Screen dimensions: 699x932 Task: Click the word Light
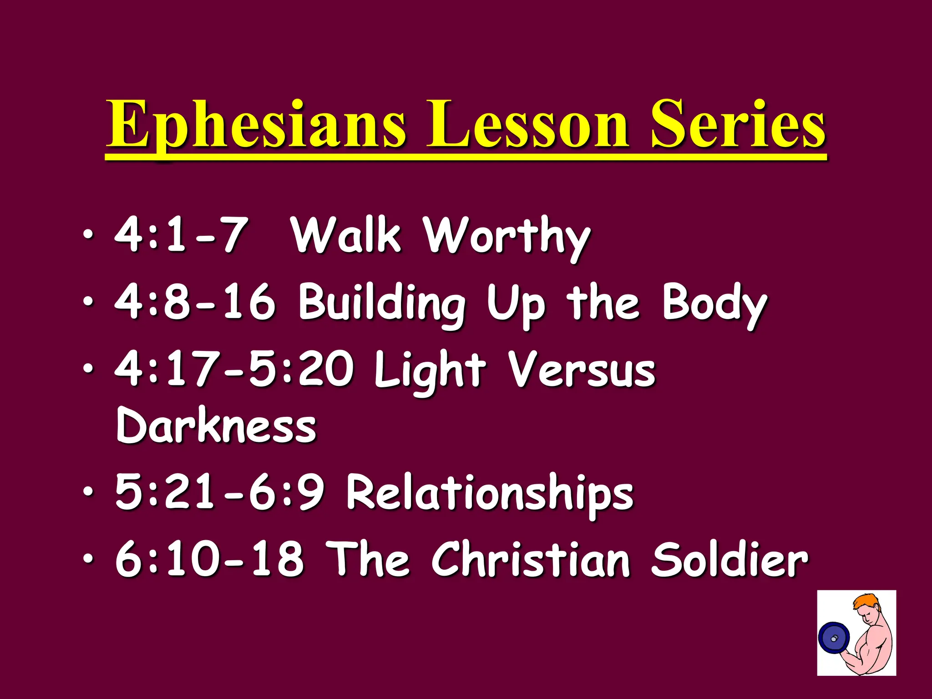430,371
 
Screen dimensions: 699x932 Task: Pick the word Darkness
216,425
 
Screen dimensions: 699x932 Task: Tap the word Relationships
490,494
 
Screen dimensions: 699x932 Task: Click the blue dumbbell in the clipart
834,639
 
